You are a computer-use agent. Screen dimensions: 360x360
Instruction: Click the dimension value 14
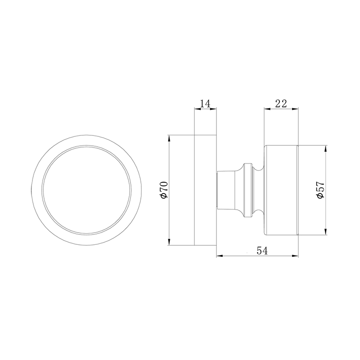[x=205, y=103]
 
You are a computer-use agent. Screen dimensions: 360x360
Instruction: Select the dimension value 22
[x=281, y=103]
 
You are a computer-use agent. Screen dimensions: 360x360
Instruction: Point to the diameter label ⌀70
[x=163, y=190]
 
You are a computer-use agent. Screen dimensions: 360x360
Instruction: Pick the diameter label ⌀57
[x=320, y=190]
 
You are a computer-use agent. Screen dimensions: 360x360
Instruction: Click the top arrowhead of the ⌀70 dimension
[x=169, y=137]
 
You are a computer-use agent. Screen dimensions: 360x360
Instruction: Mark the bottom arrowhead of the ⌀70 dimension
[x=169, y=243]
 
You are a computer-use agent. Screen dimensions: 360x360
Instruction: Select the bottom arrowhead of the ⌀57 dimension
[x=325, y=232]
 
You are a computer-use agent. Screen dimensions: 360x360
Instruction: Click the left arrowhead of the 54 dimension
[x=219, y=256]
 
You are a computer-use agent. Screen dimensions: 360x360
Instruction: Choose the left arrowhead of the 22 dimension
[x=266, y=108]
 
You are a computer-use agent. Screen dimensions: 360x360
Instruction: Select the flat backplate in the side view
[x=205, y=190]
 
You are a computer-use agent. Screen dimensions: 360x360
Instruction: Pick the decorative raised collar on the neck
[x=247, y=190]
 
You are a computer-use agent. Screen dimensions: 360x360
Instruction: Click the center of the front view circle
[x=87, y=190]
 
